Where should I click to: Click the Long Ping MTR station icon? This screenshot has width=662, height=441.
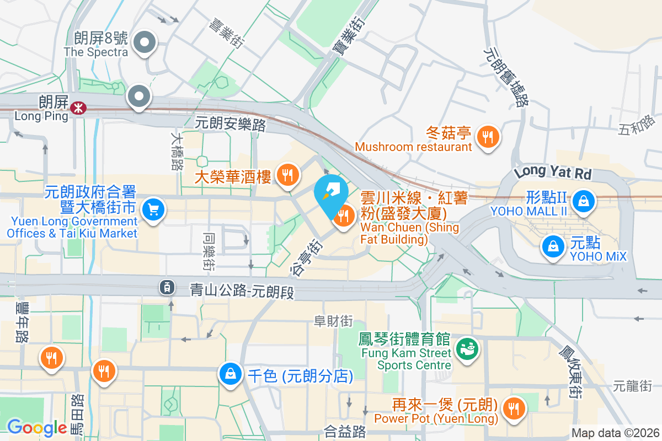point(78,107)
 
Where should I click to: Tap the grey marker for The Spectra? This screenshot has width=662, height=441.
point(145,42)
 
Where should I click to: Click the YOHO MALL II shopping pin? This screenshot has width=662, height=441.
point(583,201)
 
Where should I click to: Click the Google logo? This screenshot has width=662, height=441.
point(37,427)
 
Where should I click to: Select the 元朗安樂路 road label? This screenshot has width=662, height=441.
point(230,124)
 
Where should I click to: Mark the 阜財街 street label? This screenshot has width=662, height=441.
point(333,321)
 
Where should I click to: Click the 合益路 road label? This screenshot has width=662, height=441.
point(345,431)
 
